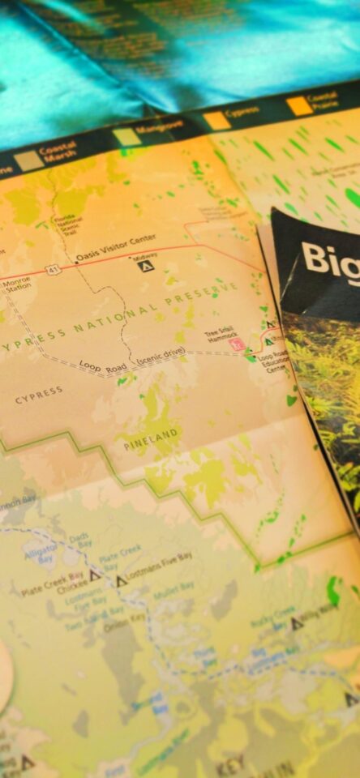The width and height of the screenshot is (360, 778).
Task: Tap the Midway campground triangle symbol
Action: [145, 266]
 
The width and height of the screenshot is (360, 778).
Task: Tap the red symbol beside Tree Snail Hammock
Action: [238, 344]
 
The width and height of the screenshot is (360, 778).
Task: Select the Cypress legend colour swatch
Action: [216, 120]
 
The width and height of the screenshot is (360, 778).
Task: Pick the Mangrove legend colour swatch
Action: [126, 136]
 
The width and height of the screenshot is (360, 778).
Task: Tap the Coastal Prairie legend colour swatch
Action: [300, 105]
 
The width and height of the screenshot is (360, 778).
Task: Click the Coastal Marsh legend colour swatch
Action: [30, 160]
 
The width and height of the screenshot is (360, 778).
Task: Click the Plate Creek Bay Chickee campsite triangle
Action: [95, 575]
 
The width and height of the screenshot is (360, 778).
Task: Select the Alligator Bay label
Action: [41, 552]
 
